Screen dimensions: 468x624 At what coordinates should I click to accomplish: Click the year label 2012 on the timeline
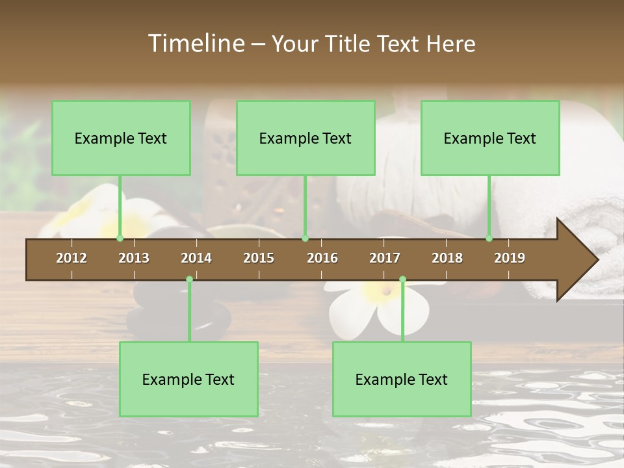pyautogui.click(x=71, y=258)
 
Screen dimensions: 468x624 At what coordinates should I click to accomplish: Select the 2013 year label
pyautogui.click(x=134, y=258)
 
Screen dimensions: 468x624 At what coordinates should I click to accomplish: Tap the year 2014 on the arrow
pyautogui.click(x=196, y=258)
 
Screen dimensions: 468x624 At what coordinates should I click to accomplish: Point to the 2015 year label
pyautogui.click(x=259, y=258)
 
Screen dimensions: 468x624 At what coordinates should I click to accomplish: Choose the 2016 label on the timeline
pyautogui.click(x=322, y=258)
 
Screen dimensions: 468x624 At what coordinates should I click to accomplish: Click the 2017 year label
pyautogui.click(x=385, y=258)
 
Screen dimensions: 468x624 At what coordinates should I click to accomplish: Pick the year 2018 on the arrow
pyautogui.click(x=447, y=258)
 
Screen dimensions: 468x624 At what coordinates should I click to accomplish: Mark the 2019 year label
pyautogui.click(x=510, y=258)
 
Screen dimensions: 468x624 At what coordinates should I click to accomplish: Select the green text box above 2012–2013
pyautogui.click(x=121, y=138)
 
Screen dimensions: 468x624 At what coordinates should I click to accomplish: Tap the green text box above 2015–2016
pyautogui.click(x=305, y=138)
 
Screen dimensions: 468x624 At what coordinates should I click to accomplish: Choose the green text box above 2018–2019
pyautogui.click(x=490, y=138)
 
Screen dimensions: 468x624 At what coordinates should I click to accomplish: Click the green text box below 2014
pyautogui.click(x=188, y=380)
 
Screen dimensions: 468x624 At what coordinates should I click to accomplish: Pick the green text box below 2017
pyautogui.click(x=402, y=380)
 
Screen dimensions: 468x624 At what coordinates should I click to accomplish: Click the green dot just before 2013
pyautogui.click(x=120, y=239)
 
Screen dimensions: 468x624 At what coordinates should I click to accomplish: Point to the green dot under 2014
pyautogui.click(x=189, y=279)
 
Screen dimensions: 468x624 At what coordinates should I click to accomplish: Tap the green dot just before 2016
pyautogui.click(x=305, y=239)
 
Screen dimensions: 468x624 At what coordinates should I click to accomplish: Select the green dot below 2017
pyautogui.click(x=402, y=279)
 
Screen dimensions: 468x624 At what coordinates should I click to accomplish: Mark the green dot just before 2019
pyautogui.click(x=489, y=239)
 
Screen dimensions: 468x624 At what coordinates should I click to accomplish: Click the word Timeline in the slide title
pyautogui.click(x=195, y=44)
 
